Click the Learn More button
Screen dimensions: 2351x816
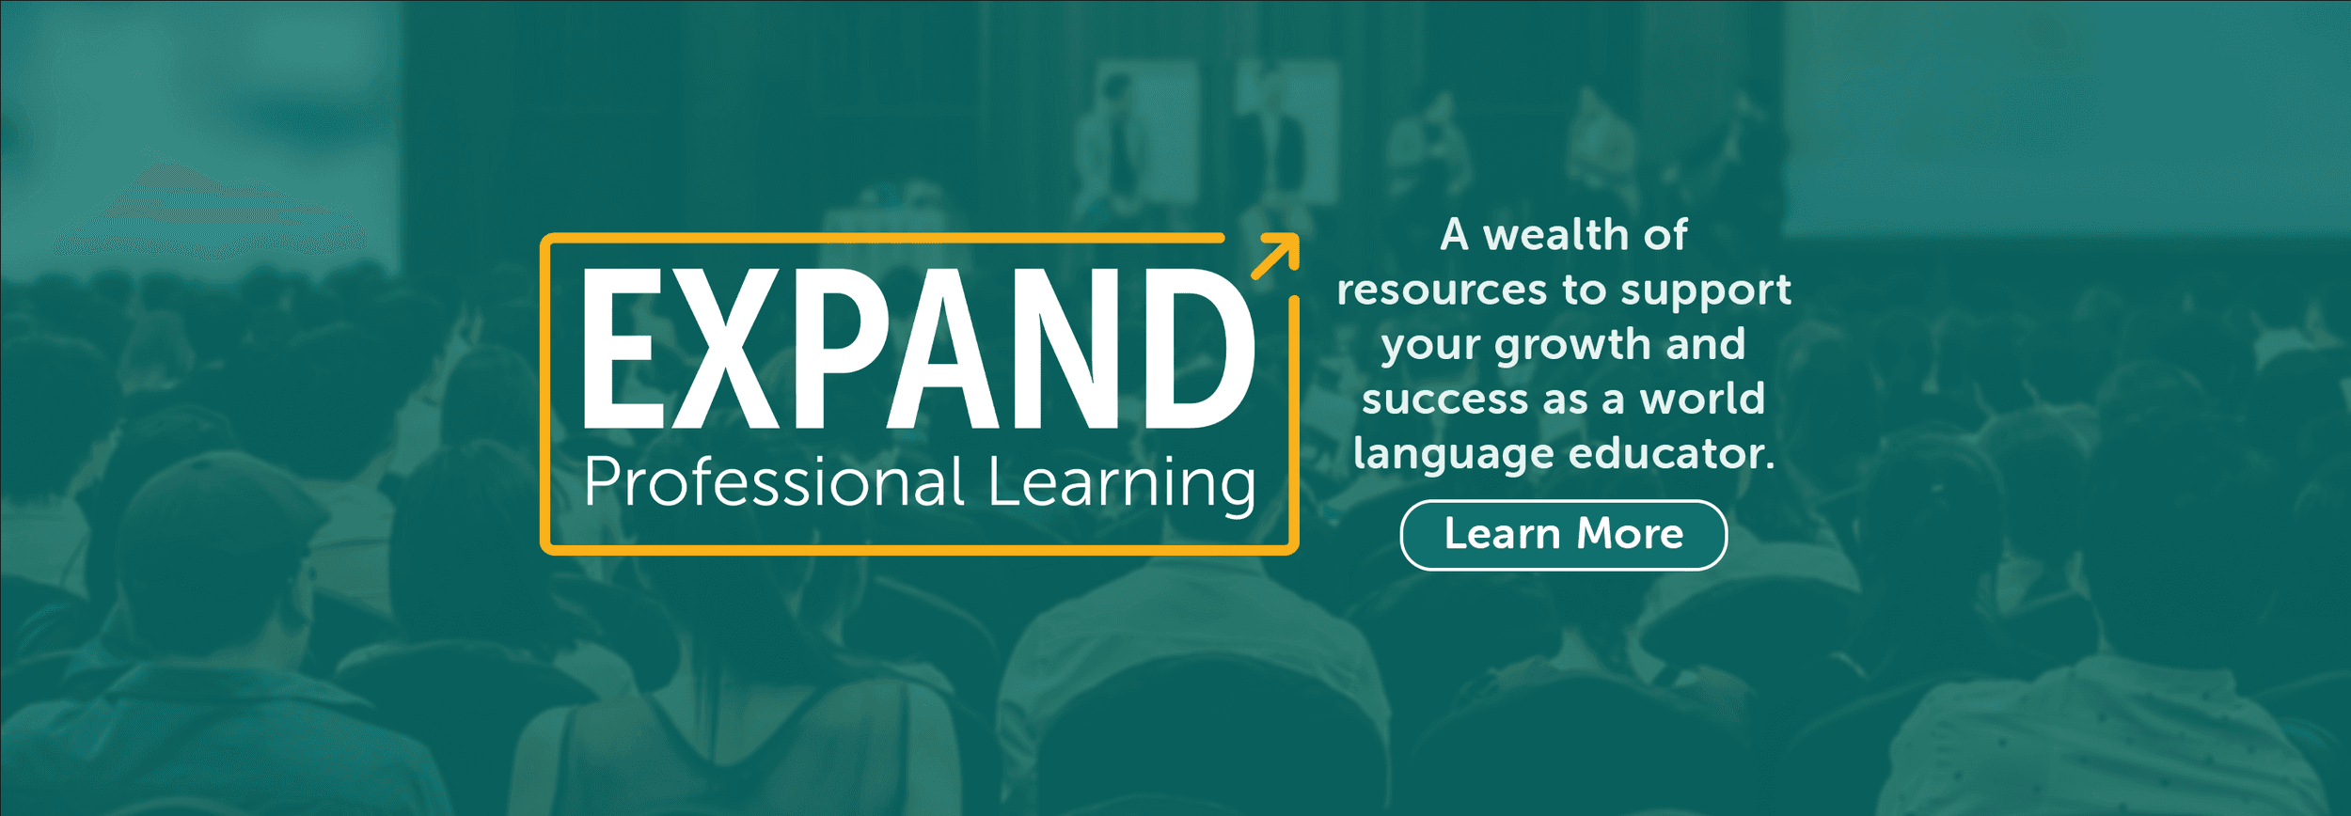1563,535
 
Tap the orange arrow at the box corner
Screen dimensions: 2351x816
1276,255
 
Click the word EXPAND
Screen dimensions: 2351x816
920,348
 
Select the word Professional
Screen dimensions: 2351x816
774,482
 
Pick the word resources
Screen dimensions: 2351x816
1442,290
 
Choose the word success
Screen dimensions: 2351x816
1444,399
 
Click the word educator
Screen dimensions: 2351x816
1671,453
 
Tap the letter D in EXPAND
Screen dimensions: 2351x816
1200,348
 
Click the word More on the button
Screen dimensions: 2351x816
1630,534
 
